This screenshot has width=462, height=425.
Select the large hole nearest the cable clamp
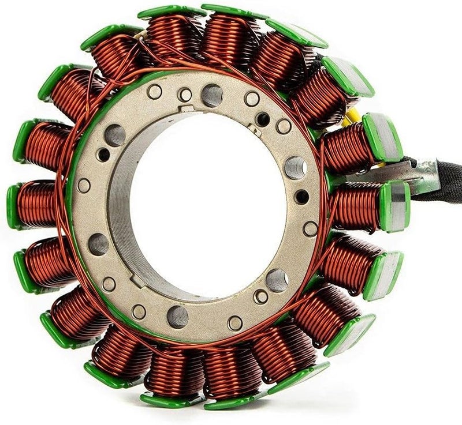295,168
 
